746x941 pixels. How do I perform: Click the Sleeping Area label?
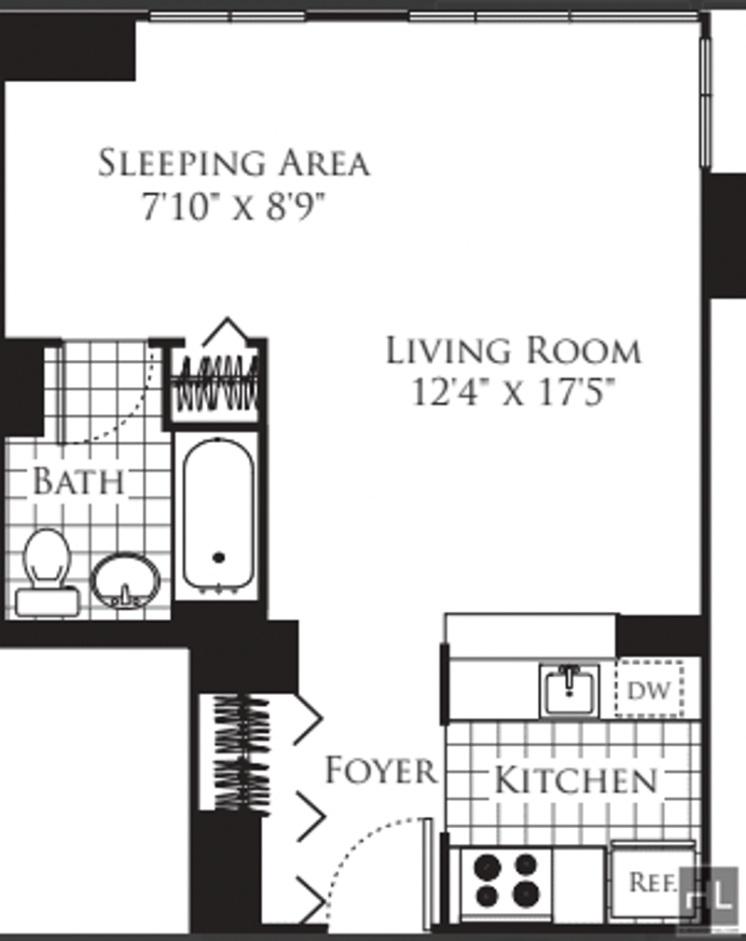coord(233,162)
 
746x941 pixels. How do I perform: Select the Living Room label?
coord(513,351)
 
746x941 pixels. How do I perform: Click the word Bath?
coord(78,480)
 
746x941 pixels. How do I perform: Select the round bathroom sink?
coord(126,581)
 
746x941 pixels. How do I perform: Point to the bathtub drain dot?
coord(219,558)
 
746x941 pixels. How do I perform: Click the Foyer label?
coord(380,770)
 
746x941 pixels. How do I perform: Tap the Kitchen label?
coord(575,780)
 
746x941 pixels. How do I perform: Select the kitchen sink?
coord(569,690)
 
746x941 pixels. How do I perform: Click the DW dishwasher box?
coord(649,689)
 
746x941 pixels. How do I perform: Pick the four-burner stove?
coord(506,882)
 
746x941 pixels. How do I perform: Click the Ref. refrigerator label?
coord(654,881)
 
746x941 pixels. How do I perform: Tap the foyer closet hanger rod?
coord(243,753)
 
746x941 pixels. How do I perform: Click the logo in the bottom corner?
coord(711,896)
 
